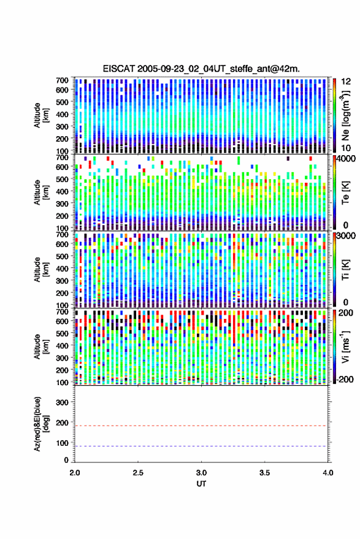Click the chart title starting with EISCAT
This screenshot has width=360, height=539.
point(201,69)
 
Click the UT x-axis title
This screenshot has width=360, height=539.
point(201,484)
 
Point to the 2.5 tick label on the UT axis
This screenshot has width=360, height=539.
point(138,473)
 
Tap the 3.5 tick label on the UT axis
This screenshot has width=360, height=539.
point(264,473)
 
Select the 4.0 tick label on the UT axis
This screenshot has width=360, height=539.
point(327,473)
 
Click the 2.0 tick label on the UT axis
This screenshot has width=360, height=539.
point(75,473)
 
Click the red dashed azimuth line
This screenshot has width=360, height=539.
point(201,426)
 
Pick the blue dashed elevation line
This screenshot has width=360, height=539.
point(201,446)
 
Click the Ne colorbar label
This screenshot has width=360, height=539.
point(345,115)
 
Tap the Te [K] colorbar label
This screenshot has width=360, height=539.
point(345,192)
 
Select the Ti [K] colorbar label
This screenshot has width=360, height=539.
point(345,270)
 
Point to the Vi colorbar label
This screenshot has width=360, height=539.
point(345,346)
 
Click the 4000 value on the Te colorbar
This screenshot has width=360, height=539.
point(347,159)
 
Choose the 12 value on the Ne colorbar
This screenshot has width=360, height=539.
point(346,82)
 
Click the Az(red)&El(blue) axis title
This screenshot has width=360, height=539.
point(41,424)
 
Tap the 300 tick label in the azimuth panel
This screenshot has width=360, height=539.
point(62,402)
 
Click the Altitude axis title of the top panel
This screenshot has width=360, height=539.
point(41,115)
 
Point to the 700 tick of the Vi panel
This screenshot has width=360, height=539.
point(62,312)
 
